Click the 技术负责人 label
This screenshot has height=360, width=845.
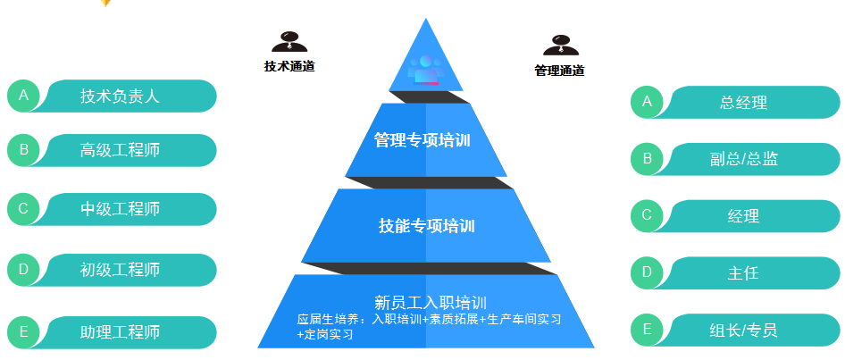(120, 96)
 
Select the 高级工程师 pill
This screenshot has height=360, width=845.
(120, 150)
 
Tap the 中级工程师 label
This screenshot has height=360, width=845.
(120, 210)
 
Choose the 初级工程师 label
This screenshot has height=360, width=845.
(120, 270)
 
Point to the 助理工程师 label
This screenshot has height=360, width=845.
(120, 332)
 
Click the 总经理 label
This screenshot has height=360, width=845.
(743, 103)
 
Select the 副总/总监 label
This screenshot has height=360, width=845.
(743, 159)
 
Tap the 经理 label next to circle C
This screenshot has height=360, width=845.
(743, 216)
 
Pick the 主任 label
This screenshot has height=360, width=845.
(743, 273)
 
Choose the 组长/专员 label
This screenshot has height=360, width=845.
(743, 331)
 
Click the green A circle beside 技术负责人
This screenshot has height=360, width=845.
(24, 96)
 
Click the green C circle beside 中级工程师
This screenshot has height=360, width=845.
(24, 210)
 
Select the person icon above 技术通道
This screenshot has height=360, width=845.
(289, 41)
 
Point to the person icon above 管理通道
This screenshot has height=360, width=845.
(560, 45)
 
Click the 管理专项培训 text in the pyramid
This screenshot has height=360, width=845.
(422, 140)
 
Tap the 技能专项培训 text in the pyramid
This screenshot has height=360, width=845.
(426, 226)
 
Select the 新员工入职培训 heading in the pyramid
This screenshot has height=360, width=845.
(431, 302)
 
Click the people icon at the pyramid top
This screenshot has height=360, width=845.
(424, 68)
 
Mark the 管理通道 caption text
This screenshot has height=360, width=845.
(559, 71)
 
